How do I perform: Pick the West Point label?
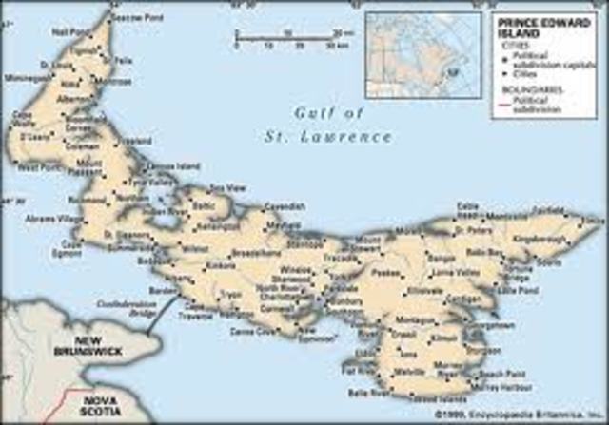coord(34,167)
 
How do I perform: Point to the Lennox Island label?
coord(182,168)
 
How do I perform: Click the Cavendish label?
coord(285,204)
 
